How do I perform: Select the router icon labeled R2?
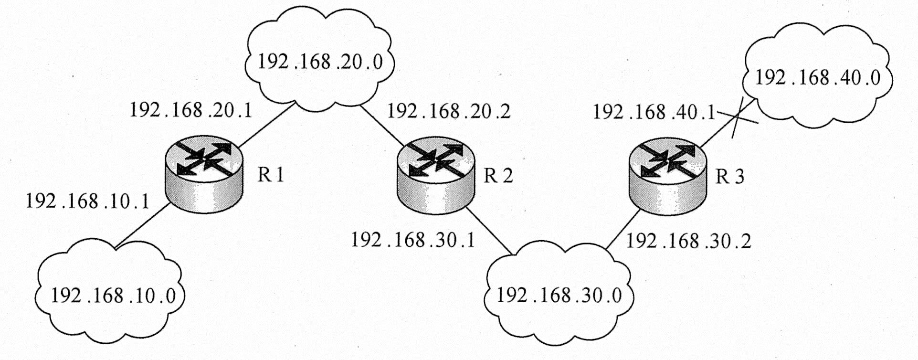click(x=436, y=174)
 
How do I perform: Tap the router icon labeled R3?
click(x=667, y=174)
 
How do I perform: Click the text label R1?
click(x=271, y=175)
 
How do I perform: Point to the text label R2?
click(x=498, y=176)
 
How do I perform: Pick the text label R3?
click(x=729, y=177)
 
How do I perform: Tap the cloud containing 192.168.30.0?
click(x=559, y=296)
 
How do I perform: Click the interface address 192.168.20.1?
click(x=190, y=110)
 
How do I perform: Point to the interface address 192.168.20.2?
click(x=448, y=111)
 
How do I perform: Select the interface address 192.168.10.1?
click(x=87, y=201)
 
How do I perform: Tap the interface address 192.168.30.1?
click(x=413, y=240)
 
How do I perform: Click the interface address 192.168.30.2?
click(x=688, y=241)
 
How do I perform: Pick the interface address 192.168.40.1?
click(x=654, y=113)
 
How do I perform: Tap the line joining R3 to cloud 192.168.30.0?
click(x=623, y=229)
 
